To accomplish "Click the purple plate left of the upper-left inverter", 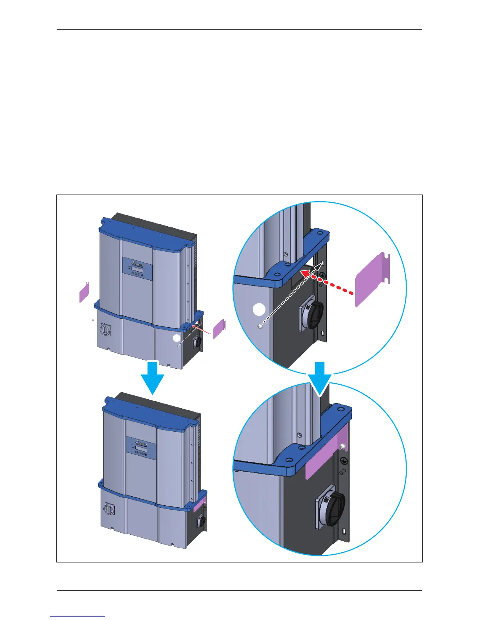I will point(84,292).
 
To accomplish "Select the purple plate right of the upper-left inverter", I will point(219,329).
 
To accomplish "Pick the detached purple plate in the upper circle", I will point(372,279).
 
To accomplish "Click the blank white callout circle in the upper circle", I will point(259,310).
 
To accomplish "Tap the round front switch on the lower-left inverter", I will point(108,509).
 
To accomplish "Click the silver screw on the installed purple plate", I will point(343,446).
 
